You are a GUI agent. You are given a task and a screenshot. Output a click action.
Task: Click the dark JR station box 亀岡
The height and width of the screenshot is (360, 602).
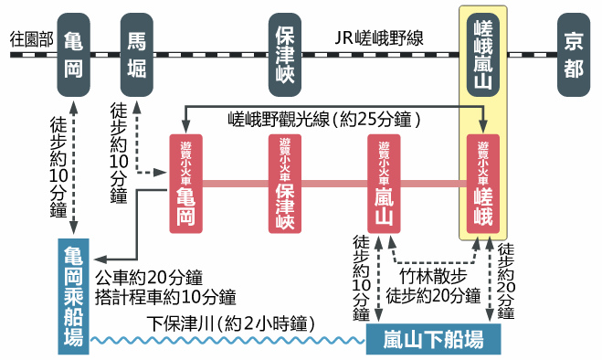[x=73, y=56]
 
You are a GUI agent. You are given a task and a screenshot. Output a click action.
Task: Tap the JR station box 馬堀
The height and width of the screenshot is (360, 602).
[x=136, y=56]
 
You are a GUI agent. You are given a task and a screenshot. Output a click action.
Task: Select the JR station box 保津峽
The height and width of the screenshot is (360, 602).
[x=285, y=56]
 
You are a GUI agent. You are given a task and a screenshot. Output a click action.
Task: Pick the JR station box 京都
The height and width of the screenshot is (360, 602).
[x=572, y=56]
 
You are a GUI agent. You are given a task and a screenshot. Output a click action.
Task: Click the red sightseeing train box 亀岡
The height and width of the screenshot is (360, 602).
[x=186, y=183]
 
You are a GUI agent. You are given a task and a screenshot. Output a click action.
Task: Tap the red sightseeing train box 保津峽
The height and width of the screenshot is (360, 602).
[x=285, y=183]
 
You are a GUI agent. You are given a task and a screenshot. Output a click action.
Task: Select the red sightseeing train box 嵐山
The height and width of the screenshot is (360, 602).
[x=384, y=183]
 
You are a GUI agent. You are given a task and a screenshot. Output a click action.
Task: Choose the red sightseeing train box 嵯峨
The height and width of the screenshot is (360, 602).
[x=483, y=183]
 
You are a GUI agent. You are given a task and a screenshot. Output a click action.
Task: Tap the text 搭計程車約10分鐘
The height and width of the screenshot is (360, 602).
[x=165, y=297]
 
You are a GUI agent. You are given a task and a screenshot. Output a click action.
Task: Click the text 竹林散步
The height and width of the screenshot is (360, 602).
[x=433, y=276]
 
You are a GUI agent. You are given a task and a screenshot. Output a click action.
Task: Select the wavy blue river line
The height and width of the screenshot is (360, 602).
[x=228, y=341]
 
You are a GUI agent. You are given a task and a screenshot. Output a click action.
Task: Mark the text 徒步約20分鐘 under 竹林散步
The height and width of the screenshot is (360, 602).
[x=433, y=295]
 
